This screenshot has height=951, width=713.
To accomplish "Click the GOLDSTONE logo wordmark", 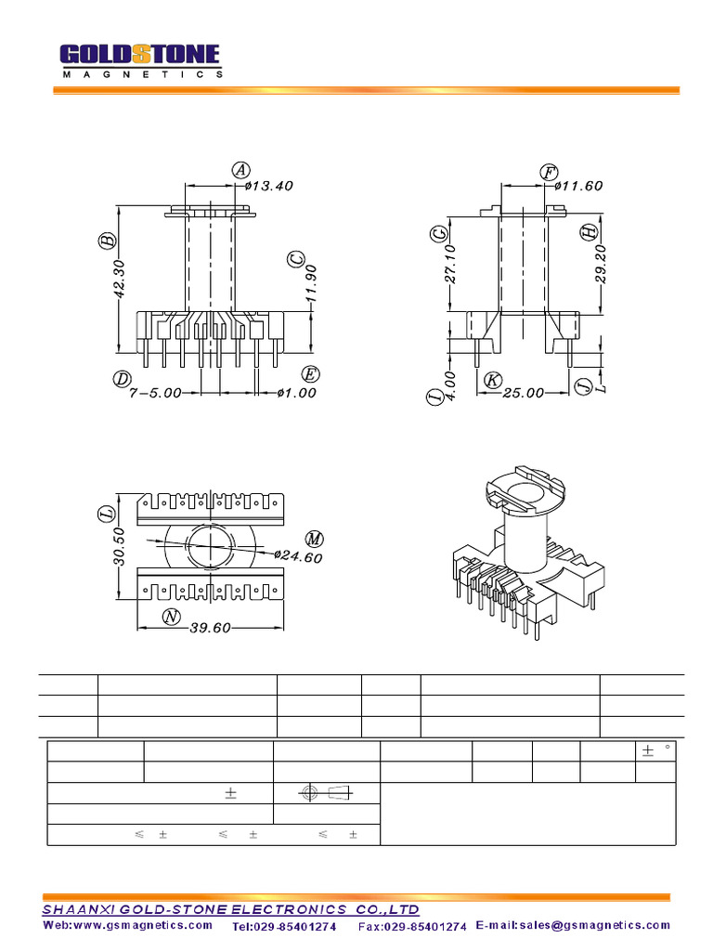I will point(140,55).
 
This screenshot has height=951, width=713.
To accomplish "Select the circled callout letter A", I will point(241,169).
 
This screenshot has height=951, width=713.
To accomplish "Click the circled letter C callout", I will point(296,259).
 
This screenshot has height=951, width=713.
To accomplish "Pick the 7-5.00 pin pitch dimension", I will point(155,393).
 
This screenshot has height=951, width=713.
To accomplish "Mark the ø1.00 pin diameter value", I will point(297,393).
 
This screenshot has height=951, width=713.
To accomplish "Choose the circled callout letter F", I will point(549,172).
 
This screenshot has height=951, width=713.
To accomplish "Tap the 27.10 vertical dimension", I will point(450,264).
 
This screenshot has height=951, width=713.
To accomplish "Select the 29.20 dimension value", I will point(601,265).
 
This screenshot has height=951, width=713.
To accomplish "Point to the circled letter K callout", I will point(493,380).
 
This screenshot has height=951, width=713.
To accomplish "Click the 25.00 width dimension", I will point(523,393).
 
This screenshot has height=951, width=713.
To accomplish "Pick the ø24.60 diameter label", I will point(298,557).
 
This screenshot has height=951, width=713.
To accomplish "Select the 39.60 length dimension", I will point(210,629).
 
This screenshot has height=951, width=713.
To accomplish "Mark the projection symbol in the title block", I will point(327,793).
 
